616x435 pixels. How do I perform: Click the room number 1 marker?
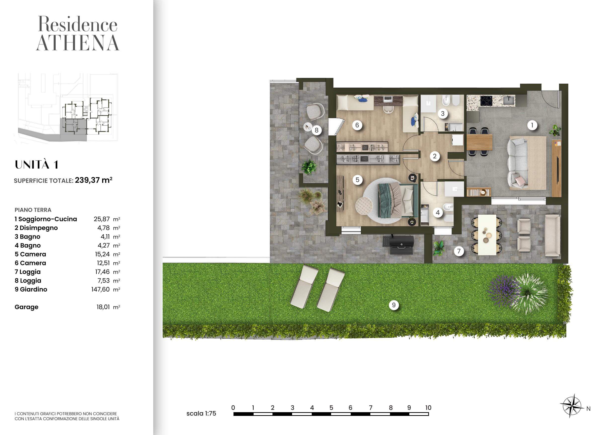pyautogui.click(x=532, y=125)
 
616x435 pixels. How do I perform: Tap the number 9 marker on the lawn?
pyautogui.click(x=394, y=305)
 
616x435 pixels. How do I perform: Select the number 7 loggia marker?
pyautogui.click(x=459, y=251)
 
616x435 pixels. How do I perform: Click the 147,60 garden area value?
pyautogui.click(x=100, y=290)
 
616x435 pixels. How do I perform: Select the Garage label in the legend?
pyautogui.click(x=26, y=307)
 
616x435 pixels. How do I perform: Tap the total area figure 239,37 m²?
pyautogui.click(x=94, y=180)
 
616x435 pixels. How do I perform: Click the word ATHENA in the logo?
pyautogui.click(x=77, y=43)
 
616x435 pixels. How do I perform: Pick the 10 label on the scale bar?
pyautogui.click(x=428, y=408)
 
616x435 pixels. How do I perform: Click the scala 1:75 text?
pyautogui.click(x=201, y=414)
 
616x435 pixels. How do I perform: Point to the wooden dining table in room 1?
pyautogui.click(x=479, y=142)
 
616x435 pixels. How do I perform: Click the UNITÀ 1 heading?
pyautogui.click(x=37, y=164)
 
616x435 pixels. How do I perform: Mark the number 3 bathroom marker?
pyautogui.click(x=443, y=114)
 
